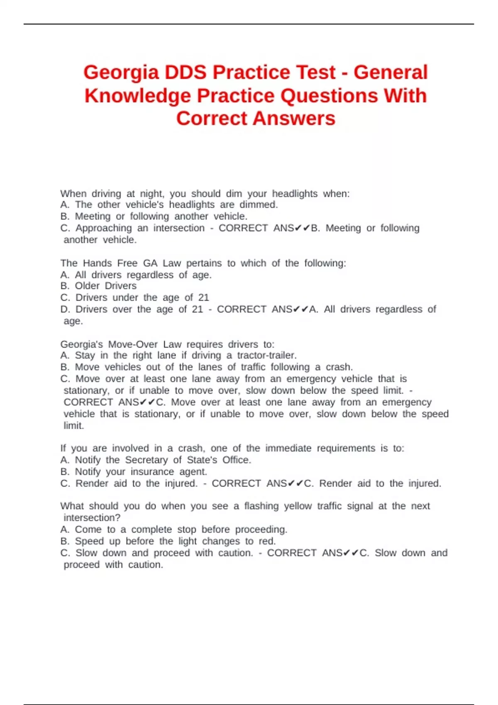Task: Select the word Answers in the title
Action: (x=294, y=119)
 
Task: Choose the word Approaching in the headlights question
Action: (x=103, y=228)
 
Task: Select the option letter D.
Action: (x=65, y=309)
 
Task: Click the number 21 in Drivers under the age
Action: (x=203, y=298)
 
